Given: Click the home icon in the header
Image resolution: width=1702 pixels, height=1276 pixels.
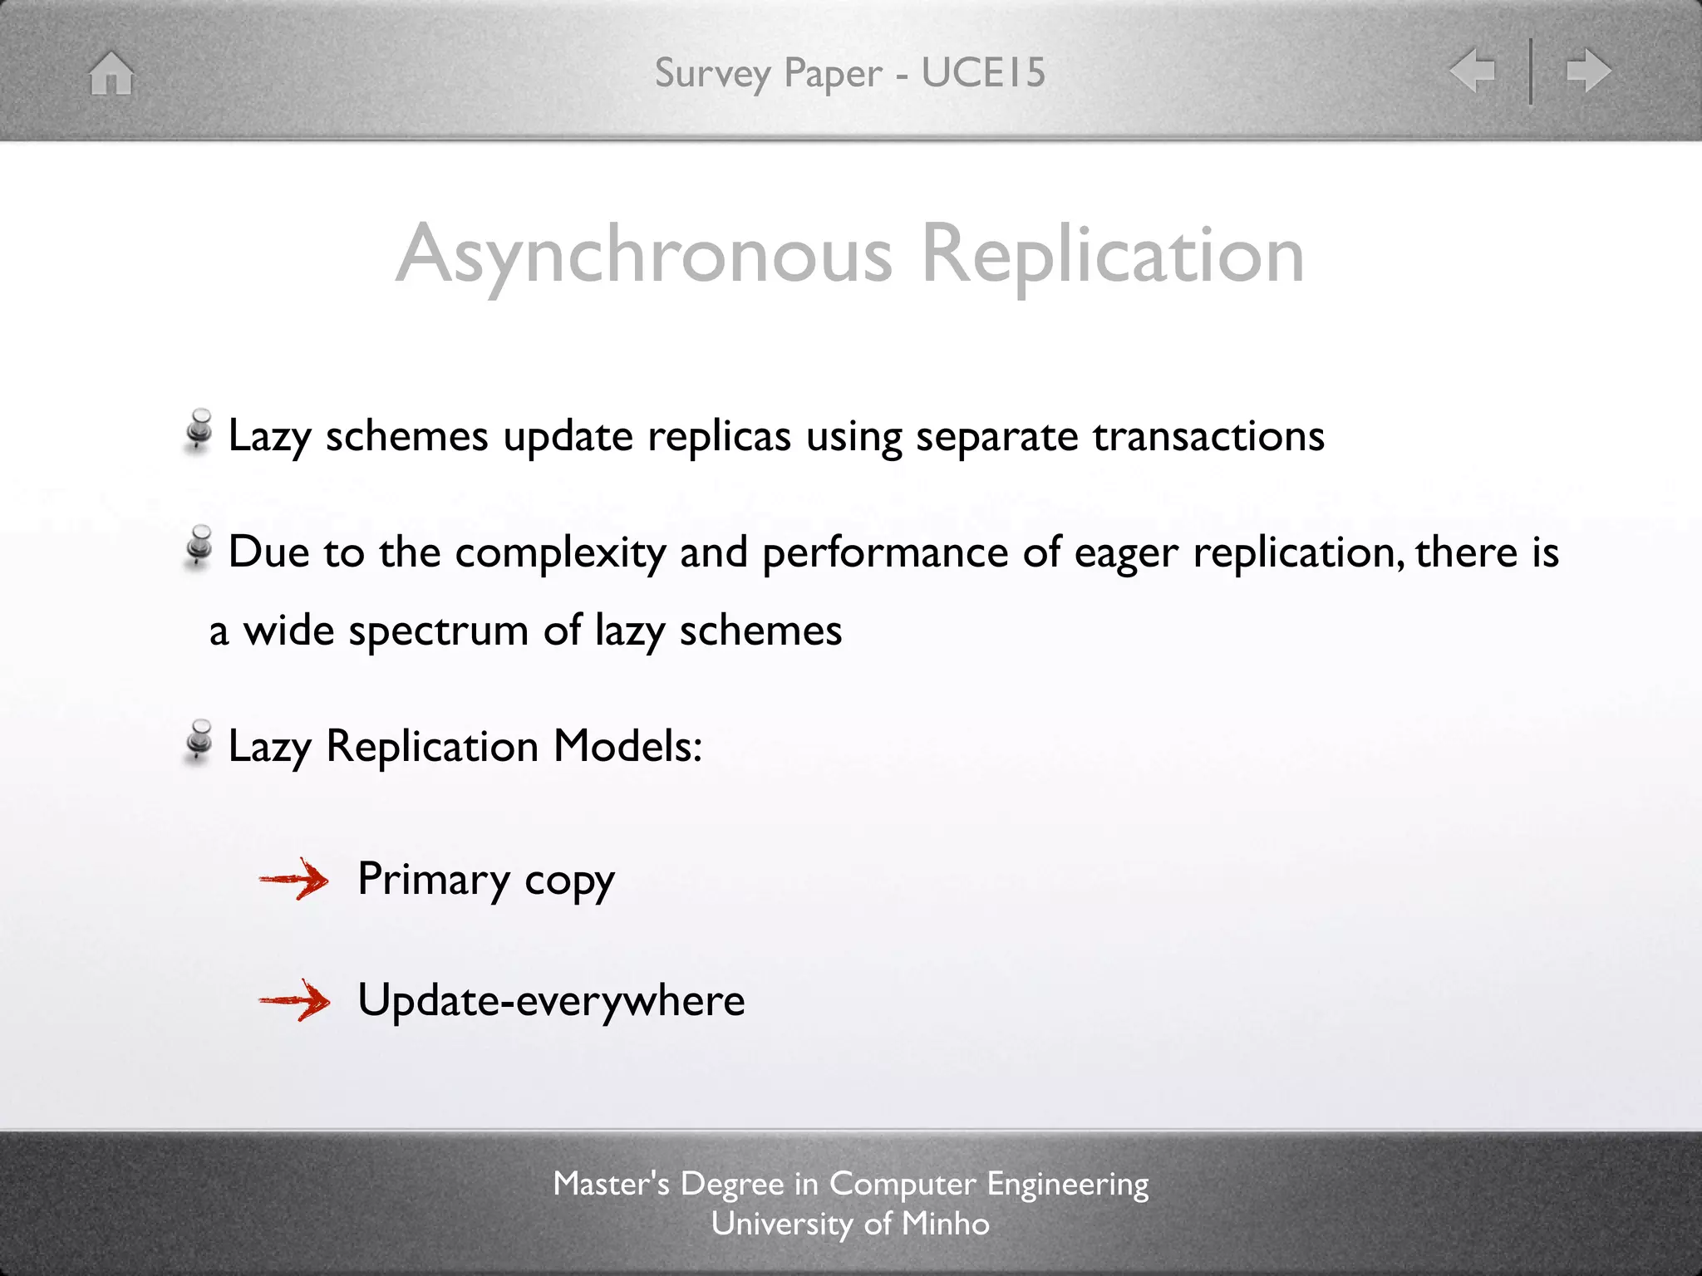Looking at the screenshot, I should pos(111,73).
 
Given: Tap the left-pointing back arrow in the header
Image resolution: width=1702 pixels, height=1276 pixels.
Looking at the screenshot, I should pos(1472,70).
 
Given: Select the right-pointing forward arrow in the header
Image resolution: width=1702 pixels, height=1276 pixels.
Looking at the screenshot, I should pos(1588,70).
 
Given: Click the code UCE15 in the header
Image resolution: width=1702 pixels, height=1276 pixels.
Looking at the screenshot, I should pos(983,72).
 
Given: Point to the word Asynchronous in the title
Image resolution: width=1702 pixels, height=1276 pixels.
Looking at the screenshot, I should pos(644,254).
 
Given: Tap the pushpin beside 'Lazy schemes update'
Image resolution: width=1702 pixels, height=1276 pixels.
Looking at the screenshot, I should pos(199,430).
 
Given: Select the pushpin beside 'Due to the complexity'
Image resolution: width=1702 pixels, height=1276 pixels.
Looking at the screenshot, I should pos(199,546).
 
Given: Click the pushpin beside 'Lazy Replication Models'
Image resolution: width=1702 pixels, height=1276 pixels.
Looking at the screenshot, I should pos(199,740).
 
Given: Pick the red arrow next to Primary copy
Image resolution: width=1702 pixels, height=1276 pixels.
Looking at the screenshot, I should pos(294,879).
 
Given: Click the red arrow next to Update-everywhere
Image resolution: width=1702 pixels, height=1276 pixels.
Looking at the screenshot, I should pos(294,1000).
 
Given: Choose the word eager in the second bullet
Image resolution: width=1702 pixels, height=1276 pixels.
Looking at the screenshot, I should pos(1126,552).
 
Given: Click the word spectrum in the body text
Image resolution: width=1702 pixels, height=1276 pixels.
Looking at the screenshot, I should pos(438,631).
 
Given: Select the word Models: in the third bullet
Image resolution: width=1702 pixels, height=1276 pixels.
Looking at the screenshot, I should pos(627,745).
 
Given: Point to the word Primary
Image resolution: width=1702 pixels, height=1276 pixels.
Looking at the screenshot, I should pos(434,880).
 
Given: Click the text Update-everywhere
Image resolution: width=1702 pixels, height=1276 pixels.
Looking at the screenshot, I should pos(551,1000).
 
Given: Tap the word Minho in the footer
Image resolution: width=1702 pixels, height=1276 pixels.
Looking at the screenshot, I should pos(946,1224).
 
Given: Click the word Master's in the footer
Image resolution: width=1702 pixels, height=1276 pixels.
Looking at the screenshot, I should pos(611,1184).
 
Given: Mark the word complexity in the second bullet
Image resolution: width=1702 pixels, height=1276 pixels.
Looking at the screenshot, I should pos(560,552).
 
